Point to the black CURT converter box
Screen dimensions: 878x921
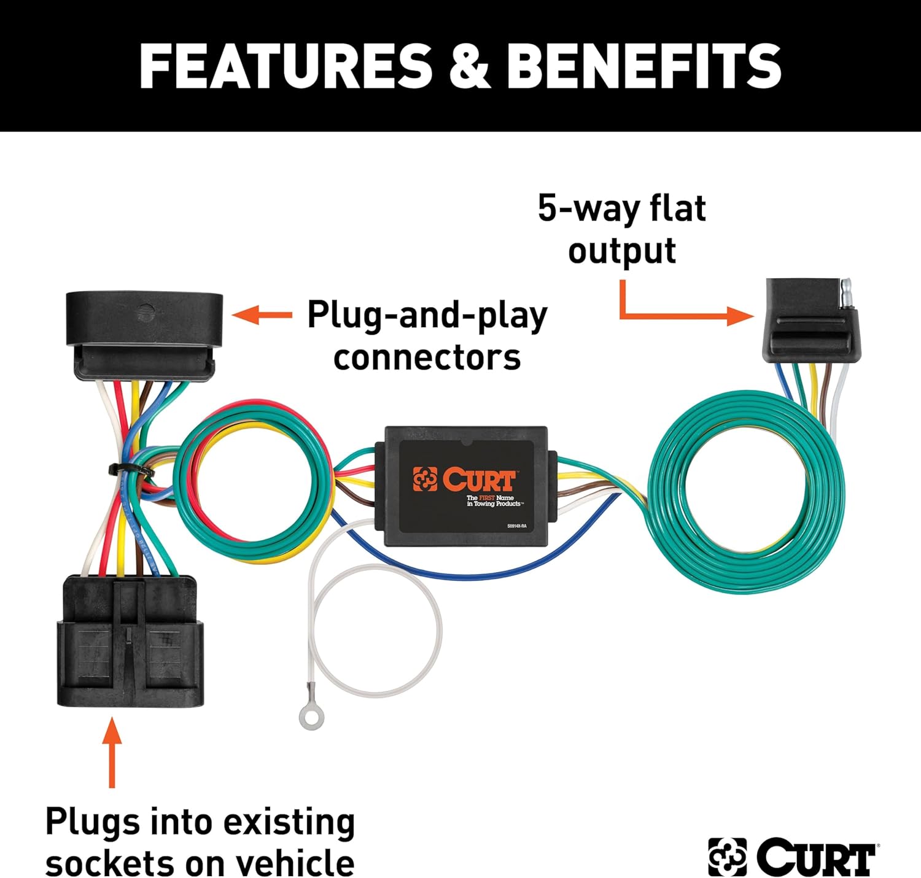coord(465,485)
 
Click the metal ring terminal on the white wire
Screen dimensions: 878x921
coord(311,717)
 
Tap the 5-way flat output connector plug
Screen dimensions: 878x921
coord(810,322)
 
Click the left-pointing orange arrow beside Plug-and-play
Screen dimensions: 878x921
coord(262,316)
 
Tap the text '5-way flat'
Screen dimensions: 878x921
coord(621,208)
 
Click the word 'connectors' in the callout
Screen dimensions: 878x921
coord(427,358)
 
